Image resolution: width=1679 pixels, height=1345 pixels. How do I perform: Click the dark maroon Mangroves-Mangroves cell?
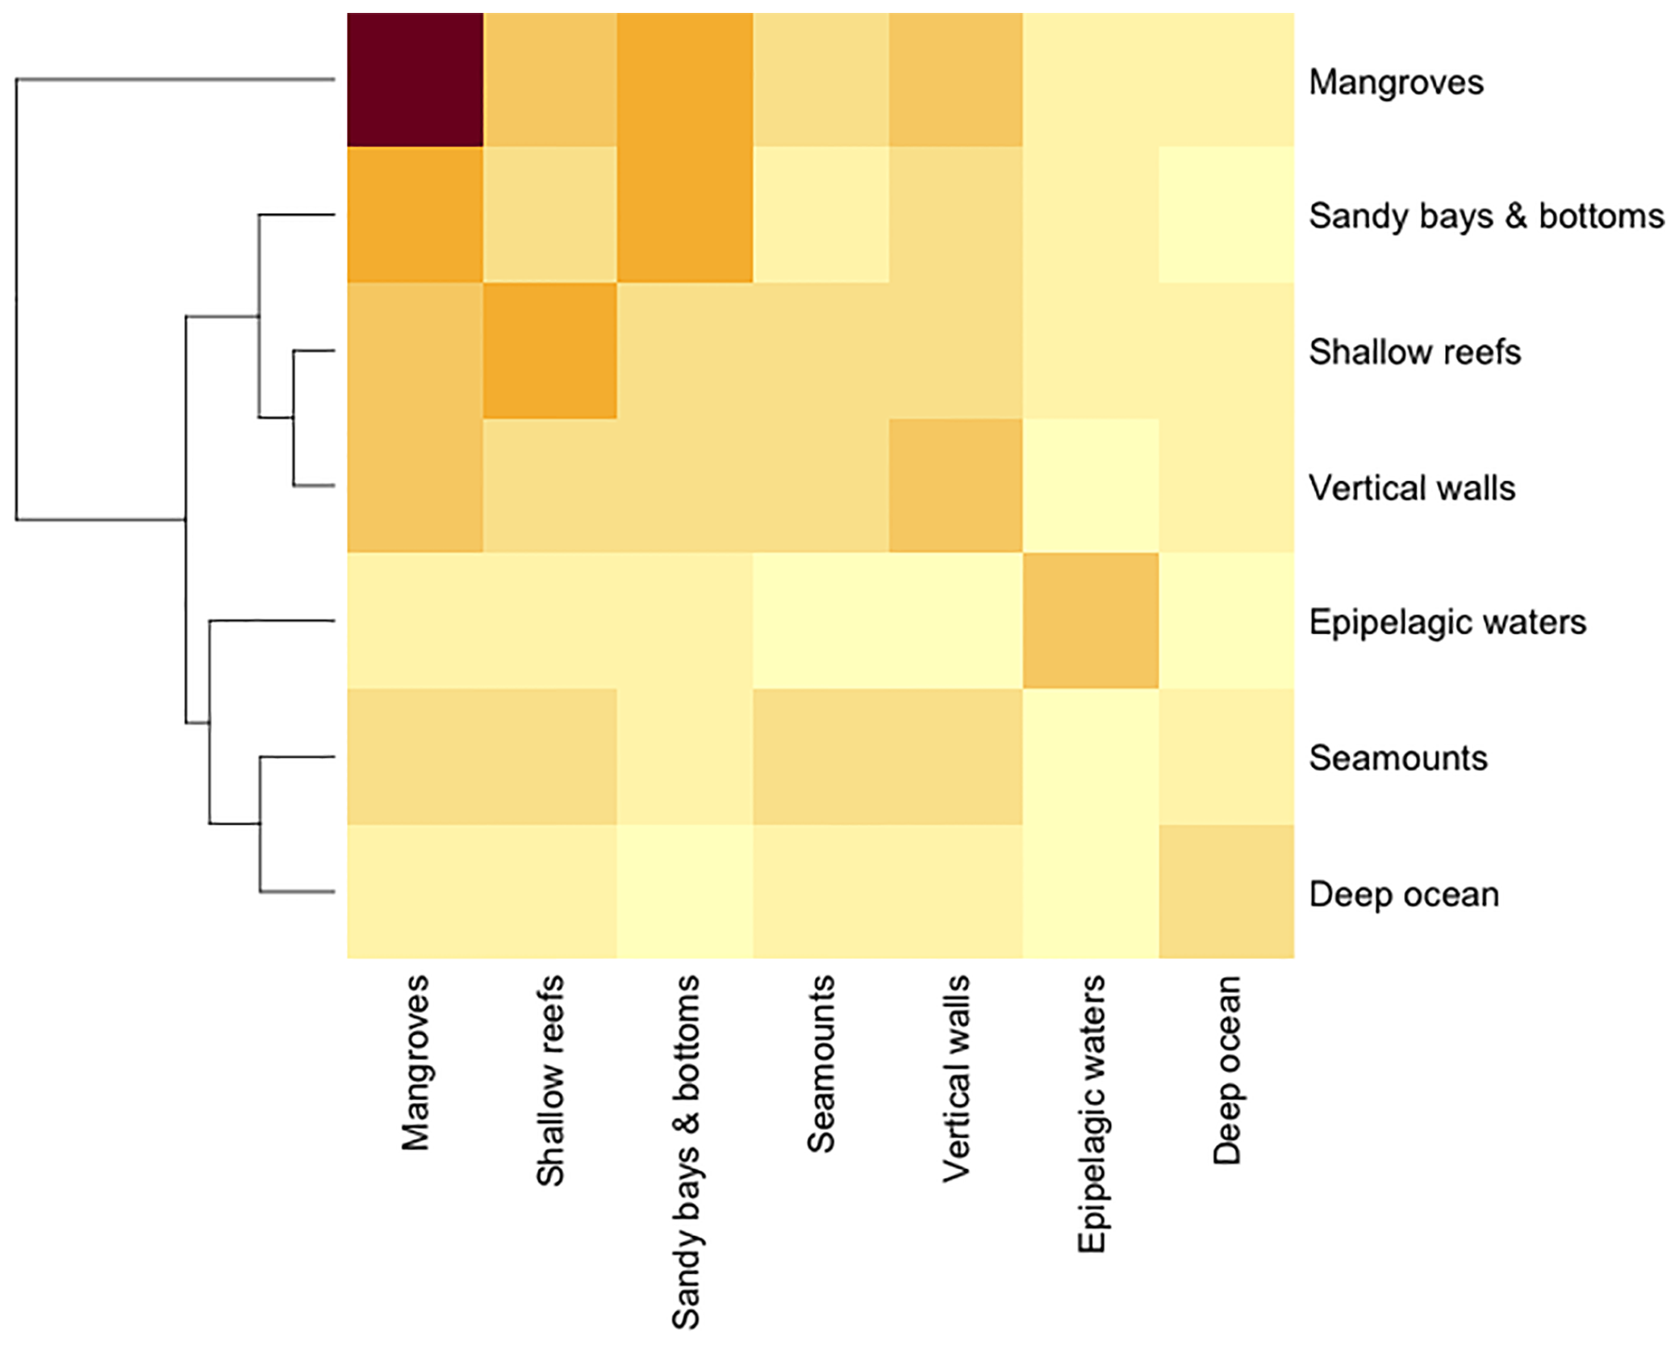click(x=415, y=80)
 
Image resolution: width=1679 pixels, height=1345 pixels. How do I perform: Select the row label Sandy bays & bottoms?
click(x=1485, y=216)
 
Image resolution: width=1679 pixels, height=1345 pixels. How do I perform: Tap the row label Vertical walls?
click(x=1411, y=488)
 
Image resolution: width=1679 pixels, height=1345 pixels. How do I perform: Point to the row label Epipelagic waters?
click(x=1447, y=622)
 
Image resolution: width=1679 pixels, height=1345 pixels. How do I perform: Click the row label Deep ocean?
click(x=1403, y=895)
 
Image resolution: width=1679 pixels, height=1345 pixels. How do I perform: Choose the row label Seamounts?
click(x=1397, y=758)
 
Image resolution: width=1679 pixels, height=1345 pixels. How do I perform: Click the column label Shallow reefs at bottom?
click(x=550, y=1080)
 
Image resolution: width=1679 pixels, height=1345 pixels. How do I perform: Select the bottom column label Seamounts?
click(x=821, y=1063)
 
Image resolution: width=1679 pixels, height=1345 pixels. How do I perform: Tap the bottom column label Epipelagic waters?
click(x=1091, y=1114)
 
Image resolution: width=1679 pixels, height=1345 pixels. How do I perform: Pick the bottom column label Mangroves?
click(x=416, y=1062)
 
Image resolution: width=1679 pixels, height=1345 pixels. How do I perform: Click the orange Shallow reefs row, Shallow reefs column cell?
click(x=550, y=350)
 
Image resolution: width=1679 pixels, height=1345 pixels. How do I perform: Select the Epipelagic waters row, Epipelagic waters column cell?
click(x=1090, y=621)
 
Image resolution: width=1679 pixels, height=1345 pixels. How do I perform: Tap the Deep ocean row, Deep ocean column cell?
click(x=1226, y=891)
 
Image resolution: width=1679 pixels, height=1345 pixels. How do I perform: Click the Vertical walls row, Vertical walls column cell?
click(x=955, y=485)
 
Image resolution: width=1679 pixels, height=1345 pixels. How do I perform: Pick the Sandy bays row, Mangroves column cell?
click(x=415, y=215)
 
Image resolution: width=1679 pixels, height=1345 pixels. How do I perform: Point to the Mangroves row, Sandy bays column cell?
click(x=685, y=80)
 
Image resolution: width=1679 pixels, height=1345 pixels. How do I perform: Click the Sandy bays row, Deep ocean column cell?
click(x=1226, y=215)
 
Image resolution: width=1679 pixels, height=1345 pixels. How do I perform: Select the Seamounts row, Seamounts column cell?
click(x=821, y=756)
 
